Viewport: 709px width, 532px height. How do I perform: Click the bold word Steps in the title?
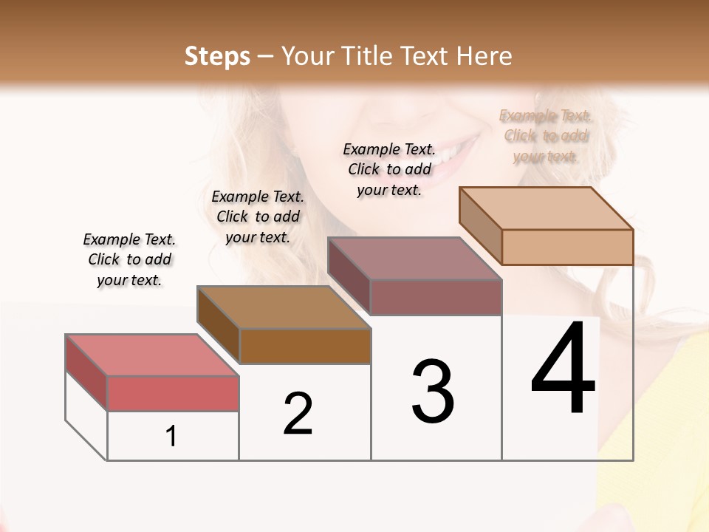(x=216, y=56)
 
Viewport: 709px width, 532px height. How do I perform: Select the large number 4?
(x=563, y=369)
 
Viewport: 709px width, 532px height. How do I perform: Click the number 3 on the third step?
(x=433, y=392)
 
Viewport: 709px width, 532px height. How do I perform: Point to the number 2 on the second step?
(x=298, y=414)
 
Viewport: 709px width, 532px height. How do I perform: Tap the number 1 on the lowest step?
(x=171, y=437)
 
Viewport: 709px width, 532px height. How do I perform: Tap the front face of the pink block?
(x=173, y=393)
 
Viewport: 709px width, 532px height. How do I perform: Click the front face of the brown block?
(x=305, y=346)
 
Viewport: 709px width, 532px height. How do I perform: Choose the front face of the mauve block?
(x=436, y=297)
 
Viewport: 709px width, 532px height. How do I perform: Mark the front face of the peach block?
(x=567, y=247)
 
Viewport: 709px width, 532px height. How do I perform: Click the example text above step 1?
(x=129, y=259)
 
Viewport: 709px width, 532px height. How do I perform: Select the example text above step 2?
(x=258, y=216)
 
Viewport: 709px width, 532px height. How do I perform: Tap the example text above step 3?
(x=389, y=169)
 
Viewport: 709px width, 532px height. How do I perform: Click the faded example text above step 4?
(x=546, y=136)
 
